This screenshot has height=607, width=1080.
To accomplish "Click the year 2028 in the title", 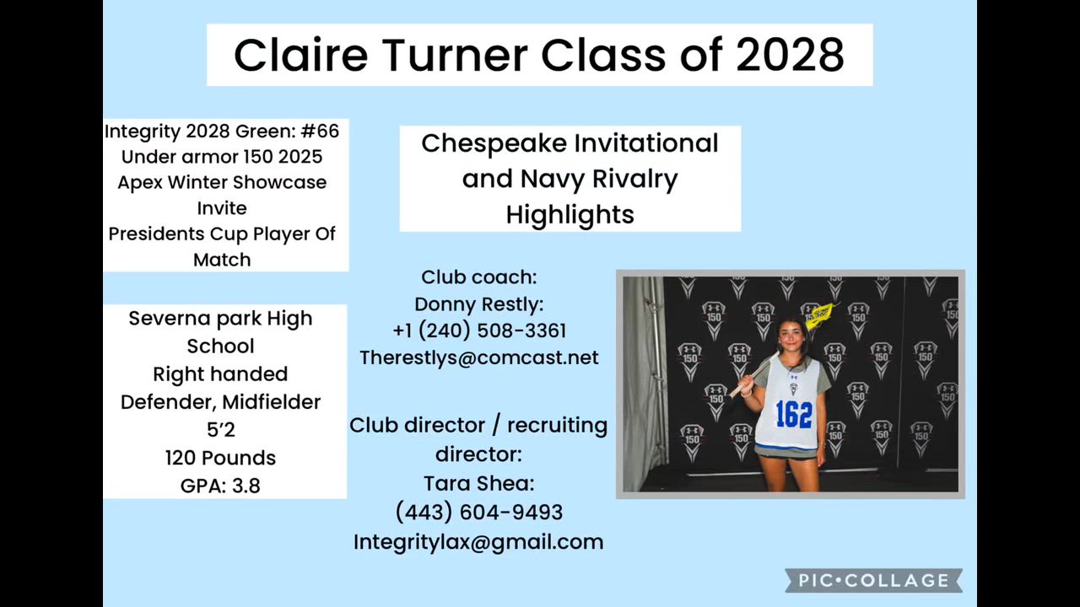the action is [x=791, y=55].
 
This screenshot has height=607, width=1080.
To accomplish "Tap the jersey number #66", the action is [x=320, y=131].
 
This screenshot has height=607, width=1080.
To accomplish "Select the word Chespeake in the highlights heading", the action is [x=490, y=144].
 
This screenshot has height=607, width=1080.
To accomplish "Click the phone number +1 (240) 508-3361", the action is [x=479, y=330].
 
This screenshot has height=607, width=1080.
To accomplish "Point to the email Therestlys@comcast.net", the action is [x=478, y=357].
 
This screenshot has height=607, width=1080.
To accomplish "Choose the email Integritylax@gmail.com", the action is [x=478, y=542].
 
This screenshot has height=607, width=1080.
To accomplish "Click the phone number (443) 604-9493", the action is [x=478, y=512].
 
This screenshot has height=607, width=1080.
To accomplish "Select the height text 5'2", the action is [x=221, y=429].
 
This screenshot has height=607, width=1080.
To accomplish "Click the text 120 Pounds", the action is [x=220, y=458].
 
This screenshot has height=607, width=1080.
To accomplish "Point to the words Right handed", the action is [x=220, y=373].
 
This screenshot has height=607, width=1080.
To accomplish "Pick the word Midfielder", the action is [x=272, y=402].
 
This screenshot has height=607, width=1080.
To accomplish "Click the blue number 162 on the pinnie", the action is [x=794, y=414].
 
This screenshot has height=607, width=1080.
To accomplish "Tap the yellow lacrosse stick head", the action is [x=820, y=314].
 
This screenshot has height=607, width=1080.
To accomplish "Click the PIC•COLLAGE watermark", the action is [x=873, y=580].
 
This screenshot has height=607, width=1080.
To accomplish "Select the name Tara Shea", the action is [x=478, y=483].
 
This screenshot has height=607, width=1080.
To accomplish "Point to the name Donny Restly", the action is [x=478, y=304].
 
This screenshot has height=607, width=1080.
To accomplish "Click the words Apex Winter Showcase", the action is [x=222, y=183].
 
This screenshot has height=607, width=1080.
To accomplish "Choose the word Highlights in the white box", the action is [x=570, y=215].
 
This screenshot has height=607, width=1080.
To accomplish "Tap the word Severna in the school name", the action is [x=169, y=319].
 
